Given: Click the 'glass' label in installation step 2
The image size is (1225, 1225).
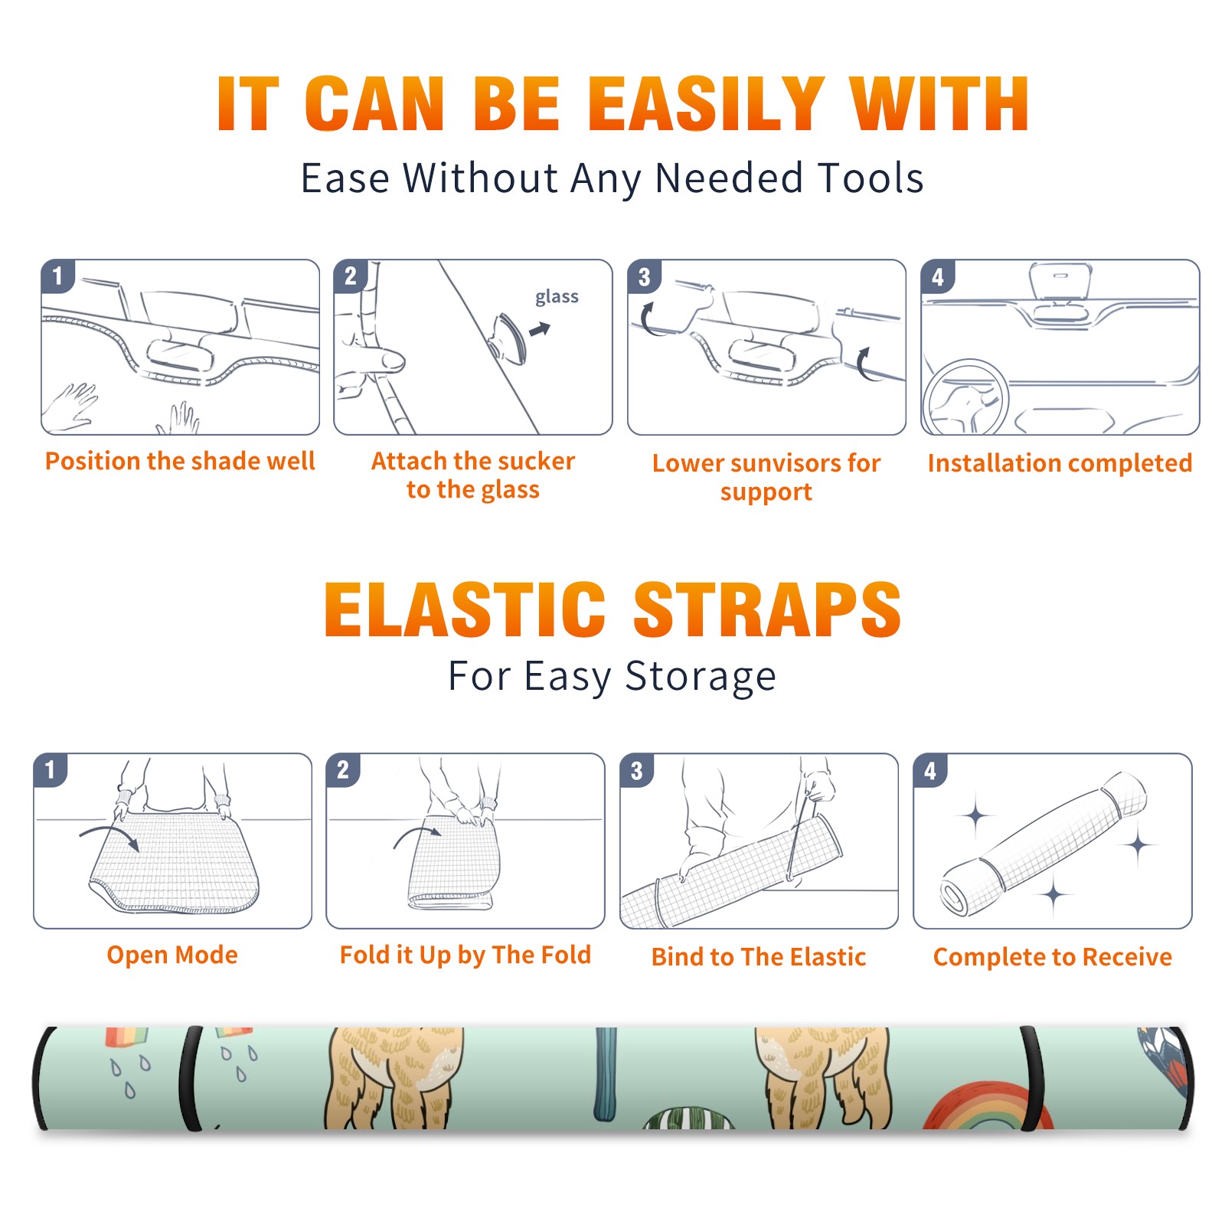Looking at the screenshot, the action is (x=557, y=297).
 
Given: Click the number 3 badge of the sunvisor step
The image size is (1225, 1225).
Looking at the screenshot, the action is (x=644, y=276).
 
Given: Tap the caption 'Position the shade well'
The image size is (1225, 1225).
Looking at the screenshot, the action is (x=180, y=461).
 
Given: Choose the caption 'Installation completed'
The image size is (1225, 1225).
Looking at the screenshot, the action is (x=1060, y=462).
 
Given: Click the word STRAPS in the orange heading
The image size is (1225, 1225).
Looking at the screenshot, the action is (x=767, y=609).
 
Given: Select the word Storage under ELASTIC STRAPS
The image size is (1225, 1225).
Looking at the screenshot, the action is (x=701, y=677).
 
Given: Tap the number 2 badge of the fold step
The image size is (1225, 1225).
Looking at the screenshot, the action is (x=343, y=769).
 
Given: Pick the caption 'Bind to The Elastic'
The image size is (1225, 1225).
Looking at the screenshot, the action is (x=758, y=956).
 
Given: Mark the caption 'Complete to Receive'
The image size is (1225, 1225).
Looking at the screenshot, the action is (x=1052, y=956).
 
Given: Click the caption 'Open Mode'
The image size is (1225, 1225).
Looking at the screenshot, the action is (x=172, y=955).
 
